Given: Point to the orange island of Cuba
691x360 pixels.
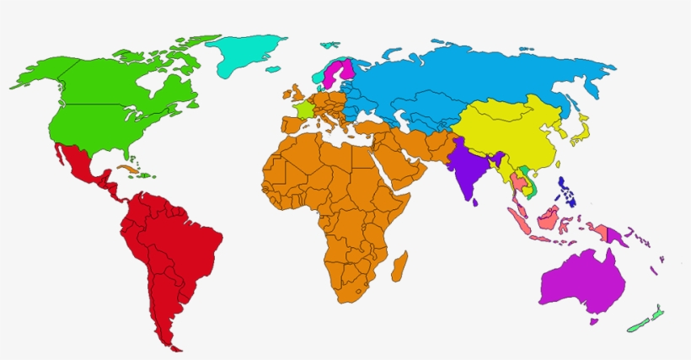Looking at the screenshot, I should [x=127, y=169].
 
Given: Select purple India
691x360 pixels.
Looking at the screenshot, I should [x=465, y=169].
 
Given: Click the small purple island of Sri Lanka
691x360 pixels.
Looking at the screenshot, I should [x=476, y=201].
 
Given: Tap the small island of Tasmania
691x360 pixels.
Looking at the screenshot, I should [x=595, y=320].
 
